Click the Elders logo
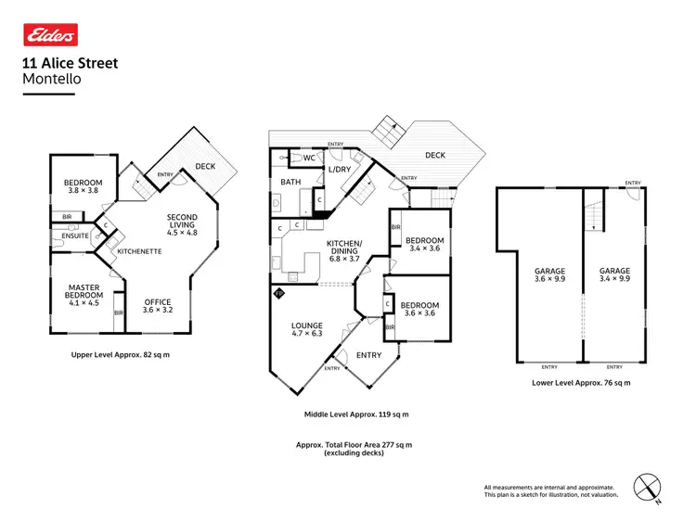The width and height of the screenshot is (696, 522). coord(49,35)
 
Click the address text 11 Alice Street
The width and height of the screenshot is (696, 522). coord(70,64)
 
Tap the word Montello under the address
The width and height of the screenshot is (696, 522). coord(51,80)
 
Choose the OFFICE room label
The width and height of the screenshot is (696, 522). coord(158,301)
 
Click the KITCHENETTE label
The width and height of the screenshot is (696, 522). coord(140,251)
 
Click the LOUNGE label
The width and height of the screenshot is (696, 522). coord(306,325)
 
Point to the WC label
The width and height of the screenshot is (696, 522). coord(299,159)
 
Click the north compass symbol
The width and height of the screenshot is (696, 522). coord(646,487)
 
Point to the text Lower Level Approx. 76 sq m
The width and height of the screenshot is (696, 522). coord(581,383)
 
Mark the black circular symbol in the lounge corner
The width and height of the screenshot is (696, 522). coord(277,293)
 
